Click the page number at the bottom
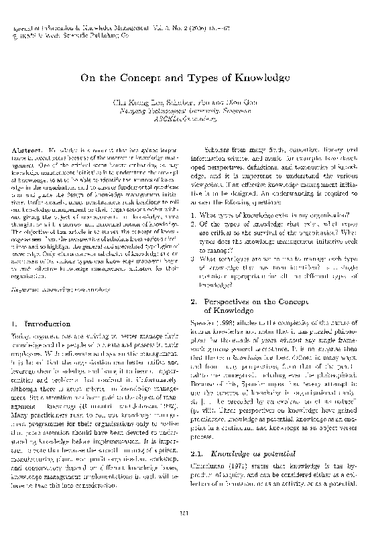tap(188, 515)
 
